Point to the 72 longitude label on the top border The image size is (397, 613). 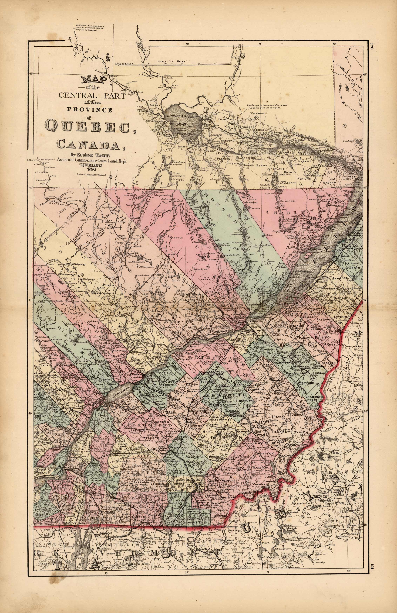[187, 44]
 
